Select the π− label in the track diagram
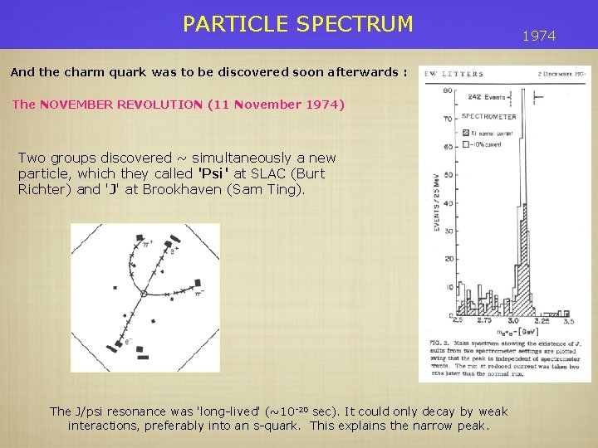pyautogui.click(x=198, y=291)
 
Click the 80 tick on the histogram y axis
pyautogui.click(x=448, y=90)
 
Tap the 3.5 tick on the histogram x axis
pyautogui.click(x=568, y=320)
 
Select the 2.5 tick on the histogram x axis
pyautogui.click(x=458, y=320)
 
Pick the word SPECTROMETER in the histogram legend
pyautogui.click(x=488, y=117)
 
